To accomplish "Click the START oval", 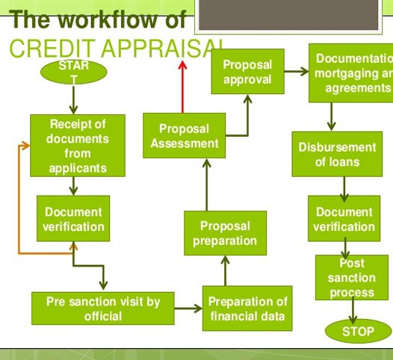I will (x=73, y=72).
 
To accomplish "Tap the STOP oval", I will (x=357, y=331).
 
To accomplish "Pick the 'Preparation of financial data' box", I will (x=247, y=308).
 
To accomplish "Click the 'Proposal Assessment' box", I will (x=184, y=135).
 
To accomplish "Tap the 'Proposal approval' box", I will (x=247, y=72).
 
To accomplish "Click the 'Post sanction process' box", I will (x=351, y=276).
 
